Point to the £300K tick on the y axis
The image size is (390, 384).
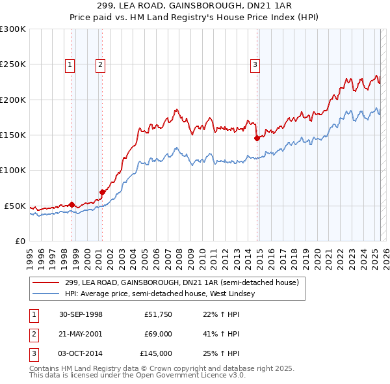pos(13,29)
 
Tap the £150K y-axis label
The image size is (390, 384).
pos(13,135)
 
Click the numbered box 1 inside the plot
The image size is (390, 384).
pos(70,64)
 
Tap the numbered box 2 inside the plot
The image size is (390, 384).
pos(101,64)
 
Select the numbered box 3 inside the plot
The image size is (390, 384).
pos(255,64)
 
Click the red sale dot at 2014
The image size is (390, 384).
pos(257,138)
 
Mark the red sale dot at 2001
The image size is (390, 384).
pos(102,192)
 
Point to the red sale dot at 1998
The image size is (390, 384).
pos(71,204)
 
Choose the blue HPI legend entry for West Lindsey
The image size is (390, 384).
pos(159,294)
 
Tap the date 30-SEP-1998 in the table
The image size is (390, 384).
pos(81,315)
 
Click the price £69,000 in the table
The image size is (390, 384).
pos(158,334)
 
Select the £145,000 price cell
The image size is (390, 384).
pos(157,353)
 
